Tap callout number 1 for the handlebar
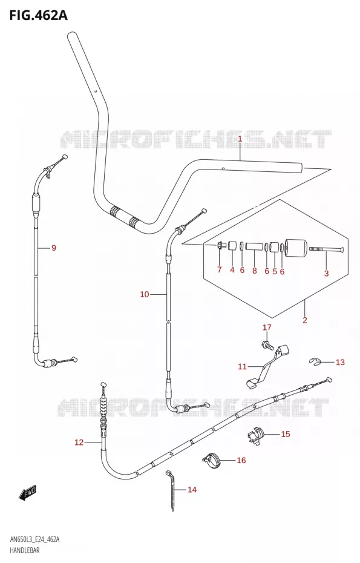pyautogui.click(x=240, y=139)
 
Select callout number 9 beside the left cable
pyautogui.click(x=53, y=248)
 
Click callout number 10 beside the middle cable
pyautogui.click(x=144, y=294)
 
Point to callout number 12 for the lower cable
pyautogui.click(x=79, y=443)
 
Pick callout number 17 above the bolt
pyautogui.click(x=267, y=328)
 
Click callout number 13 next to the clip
pyautogui.click(x=340, y=362)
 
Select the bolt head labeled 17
pyautogui.click(x=268, y=346)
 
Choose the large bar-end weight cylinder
pyautogui.click(x=296, y=248)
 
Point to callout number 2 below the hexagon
pyautogui.click(x=305, y=320)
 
